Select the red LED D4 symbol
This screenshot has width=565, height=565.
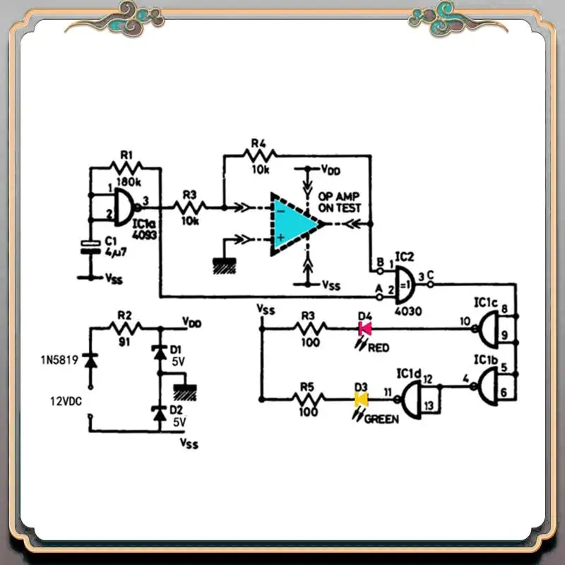[x=365, y=328]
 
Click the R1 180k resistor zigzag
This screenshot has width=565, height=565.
[x=126, y=167]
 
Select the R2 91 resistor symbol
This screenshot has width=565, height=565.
[x=126, y=327]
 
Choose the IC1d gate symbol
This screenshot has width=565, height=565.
[x=415, y=400]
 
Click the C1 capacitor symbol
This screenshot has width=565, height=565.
[x=90, y=246]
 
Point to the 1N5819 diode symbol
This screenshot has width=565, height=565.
[x=90, y=360]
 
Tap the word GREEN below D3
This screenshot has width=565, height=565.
[x=381, y=418]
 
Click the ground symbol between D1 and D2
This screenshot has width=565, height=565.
[x=186, y=391]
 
